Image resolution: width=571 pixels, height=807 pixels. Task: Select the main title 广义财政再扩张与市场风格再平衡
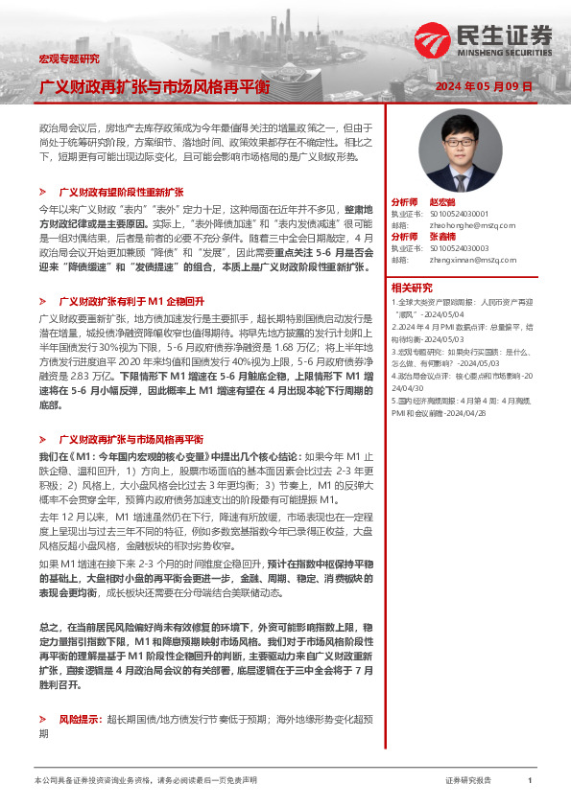click(154, 86)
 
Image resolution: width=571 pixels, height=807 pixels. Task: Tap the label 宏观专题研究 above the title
click(68, 59)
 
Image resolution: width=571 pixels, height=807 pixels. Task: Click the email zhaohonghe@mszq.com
click(463, 224)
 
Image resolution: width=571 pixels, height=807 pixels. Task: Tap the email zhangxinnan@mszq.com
click(465, 258)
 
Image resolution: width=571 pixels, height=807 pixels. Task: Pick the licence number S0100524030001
click(460, 214)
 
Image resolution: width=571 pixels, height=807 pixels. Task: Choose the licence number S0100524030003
click(461, 247)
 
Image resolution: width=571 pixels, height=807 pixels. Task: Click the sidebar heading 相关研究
click(411, 287)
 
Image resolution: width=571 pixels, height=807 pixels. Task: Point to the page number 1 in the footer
click(529, 780)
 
